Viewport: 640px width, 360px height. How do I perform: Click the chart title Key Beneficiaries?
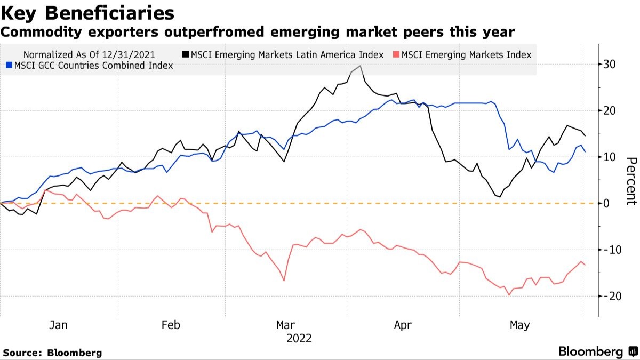click(87, 12)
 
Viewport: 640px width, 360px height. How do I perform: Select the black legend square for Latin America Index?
click(185, 54)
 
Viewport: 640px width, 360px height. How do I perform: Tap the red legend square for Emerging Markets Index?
click(397, 54)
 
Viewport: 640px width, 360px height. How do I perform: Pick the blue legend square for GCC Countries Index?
click(9, 66)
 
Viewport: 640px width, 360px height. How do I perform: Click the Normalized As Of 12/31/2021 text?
click(89, 54)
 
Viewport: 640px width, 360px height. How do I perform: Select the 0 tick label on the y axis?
click(606, 203)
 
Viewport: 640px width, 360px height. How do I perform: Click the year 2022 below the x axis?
click(299, 338)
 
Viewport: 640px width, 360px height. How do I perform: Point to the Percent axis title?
click(631, 181)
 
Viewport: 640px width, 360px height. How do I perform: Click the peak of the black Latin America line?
click(361, 66)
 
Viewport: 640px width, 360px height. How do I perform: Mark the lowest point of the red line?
click(509, 295)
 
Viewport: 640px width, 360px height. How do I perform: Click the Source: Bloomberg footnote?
click(52, 353)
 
